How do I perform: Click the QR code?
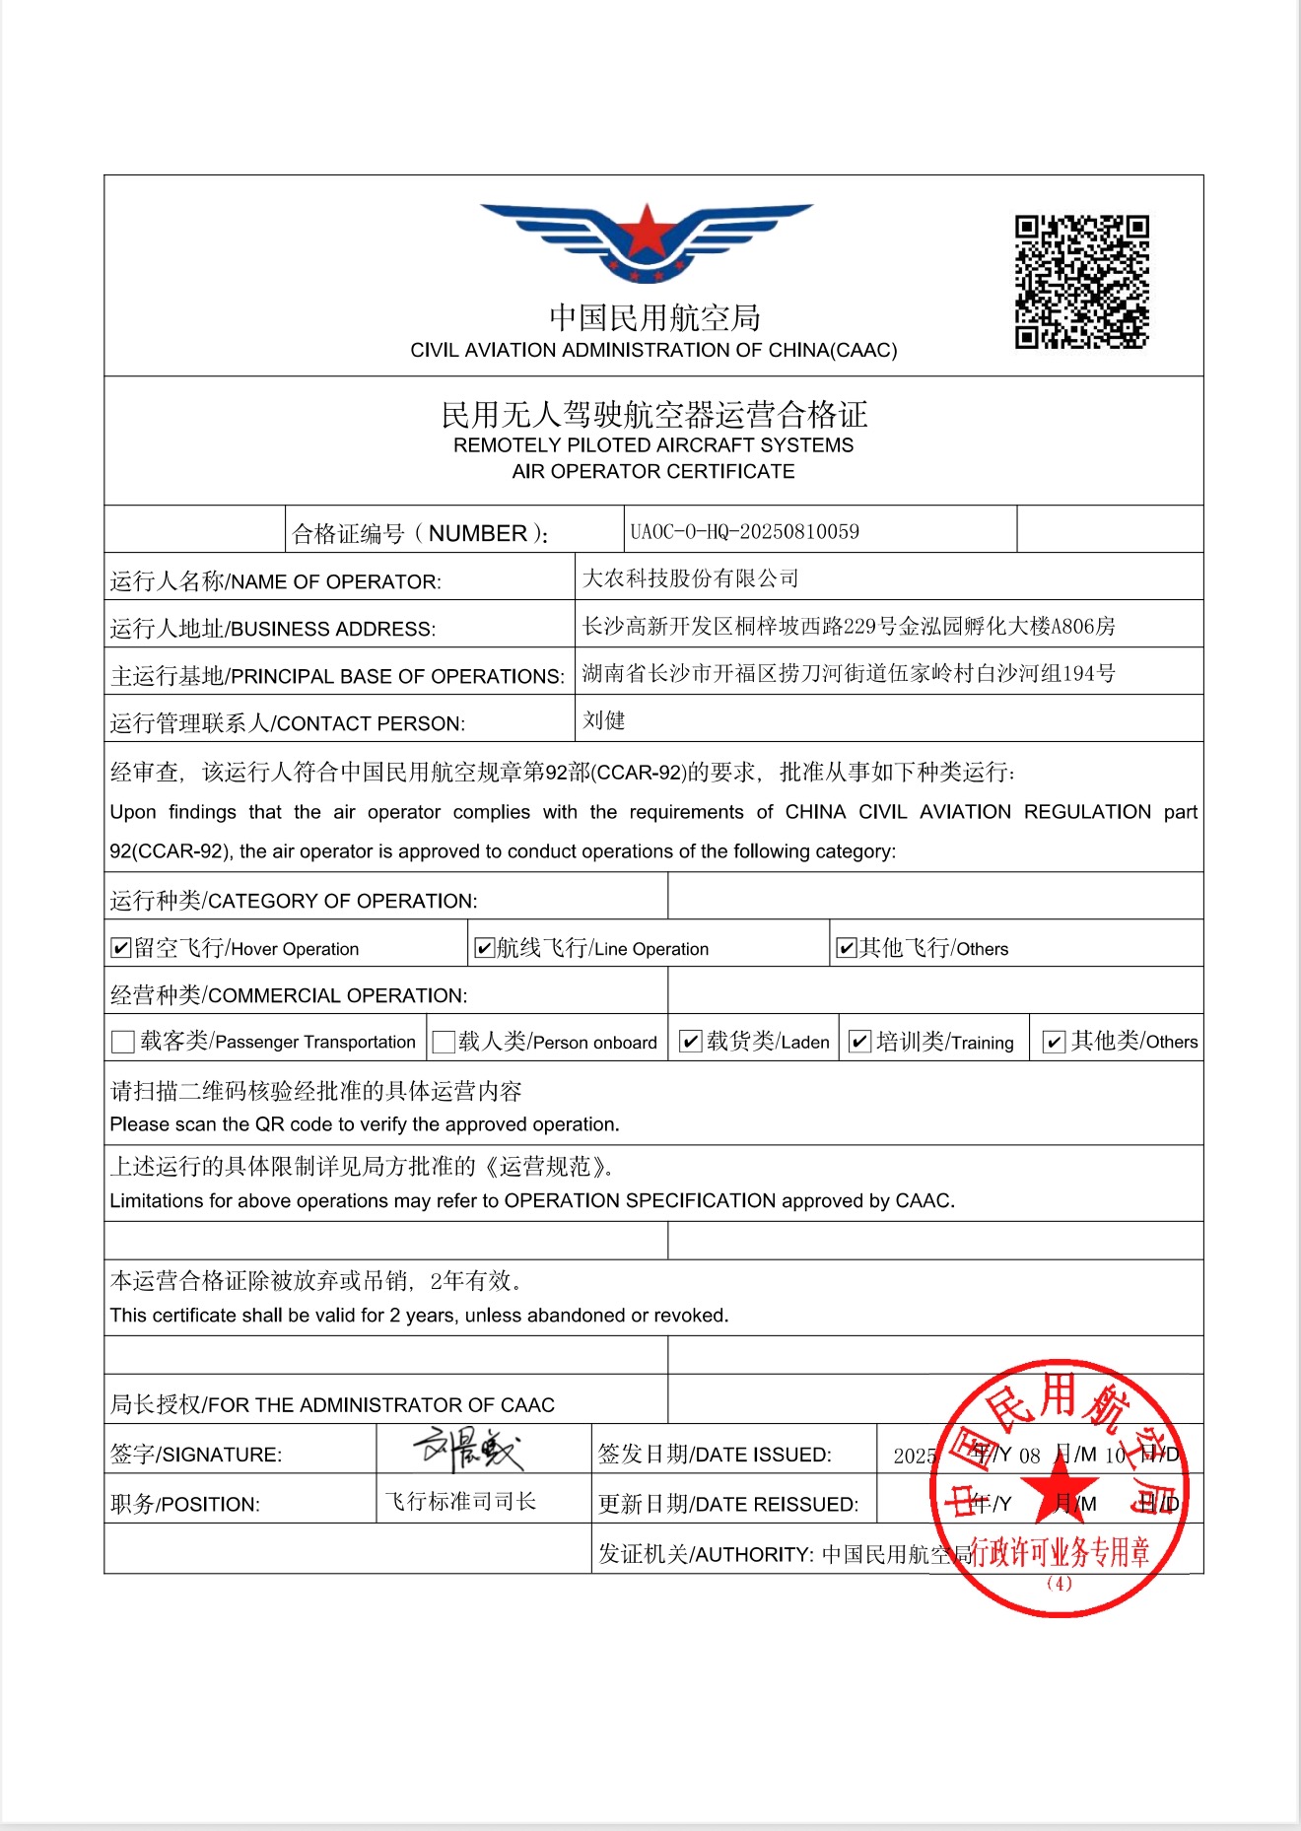(x=1081, y=282)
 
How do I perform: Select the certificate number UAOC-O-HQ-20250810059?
(x=744, y=532)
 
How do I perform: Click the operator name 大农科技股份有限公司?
(x=690, y=578)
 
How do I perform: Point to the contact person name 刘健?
(x=603, y=720)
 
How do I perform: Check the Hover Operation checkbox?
(x=121, y=948)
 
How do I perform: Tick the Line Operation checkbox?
(x=484, y=948)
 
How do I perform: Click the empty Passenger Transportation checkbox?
(x=123, y=1042)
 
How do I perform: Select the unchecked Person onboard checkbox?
(x=444, y=1042)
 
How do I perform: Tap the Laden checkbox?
(x=691, y=1042)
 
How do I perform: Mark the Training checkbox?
(x=859, y=1042)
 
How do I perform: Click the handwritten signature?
(x=468, y=1449)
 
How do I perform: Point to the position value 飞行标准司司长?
(x=460, y=1501)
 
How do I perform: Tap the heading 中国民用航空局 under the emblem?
(x=654, y=317)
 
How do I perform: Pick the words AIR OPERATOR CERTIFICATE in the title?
(x=652, y=471)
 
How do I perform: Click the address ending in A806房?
(x=849, y=626)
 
